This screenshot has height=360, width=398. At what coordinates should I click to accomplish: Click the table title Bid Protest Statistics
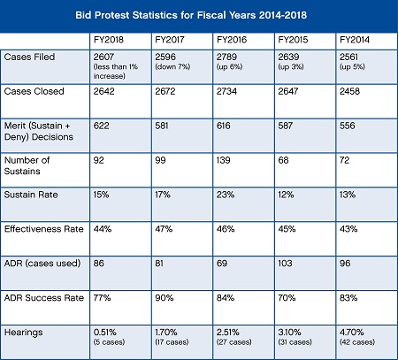pyautogui.click(x=198, y=16)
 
